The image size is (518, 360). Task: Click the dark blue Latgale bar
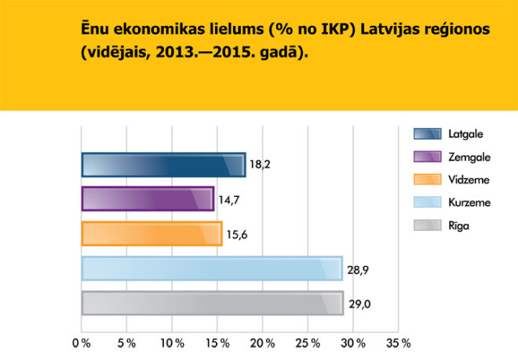(x=163, y=165)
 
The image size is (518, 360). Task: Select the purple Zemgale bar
(x=148, y=199)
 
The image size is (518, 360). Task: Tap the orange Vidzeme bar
(x=151, y=234)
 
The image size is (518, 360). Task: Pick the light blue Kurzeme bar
(x=212, y=268)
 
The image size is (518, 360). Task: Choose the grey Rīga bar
(x=212, y=303)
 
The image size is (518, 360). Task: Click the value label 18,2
(x=260, y=165)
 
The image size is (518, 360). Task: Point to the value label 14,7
(x=228, y=200)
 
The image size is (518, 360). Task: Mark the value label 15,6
(x=236, y=235)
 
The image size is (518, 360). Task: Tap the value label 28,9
(x=357, y=268)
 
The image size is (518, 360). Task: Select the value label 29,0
(x=358, y=304)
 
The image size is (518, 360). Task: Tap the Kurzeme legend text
(x=469, y=203)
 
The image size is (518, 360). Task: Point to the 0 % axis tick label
(x=81, y=343)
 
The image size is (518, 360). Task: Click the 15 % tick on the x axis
(x=218, y=343)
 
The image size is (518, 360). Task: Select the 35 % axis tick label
(x=399, y=343)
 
